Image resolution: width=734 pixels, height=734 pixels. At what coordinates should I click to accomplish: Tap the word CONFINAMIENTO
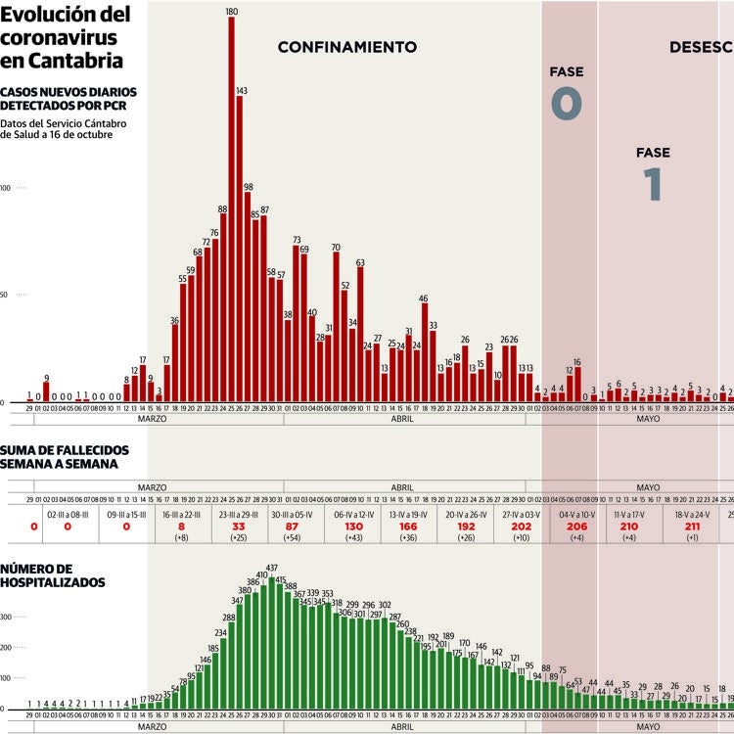(347, 47)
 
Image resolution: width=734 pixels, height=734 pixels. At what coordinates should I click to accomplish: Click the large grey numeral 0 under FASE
(567, 103)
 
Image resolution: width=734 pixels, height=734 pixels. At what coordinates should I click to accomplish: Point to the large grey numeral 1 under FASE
(653, 184)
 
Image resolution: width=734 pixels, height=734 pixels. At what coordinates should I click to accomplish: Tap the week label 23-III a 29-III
(238, 512)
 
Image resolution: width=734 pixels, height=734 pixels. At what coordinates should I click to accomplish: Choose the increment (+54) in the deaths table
(292, 538)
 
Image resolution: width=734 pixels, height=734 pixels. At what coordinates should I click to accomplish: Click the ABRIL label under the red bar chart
(402, 419)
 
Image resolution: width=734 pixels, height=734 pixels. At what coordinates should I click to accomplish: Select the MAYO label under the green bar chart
(648, 727)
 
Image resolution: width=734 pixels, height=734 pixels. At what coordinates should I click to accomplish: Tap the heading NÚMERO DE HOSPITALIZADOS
(53, 575)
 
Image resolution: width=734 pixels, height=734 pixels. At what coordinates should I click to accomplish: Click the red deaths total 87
(292, 526)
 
